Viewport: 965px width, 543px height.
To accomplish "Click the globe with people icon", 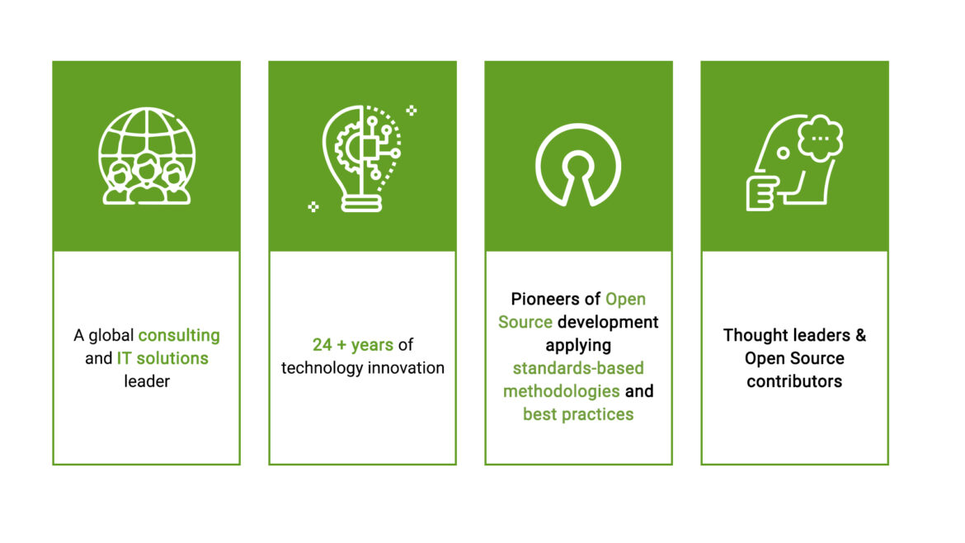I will (x=147, y=156).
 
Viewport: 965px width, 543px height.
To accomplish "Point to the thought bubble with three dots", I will (x=821, y=137).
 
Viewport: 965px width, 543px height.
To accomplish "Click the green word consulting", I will (x=179, y=336).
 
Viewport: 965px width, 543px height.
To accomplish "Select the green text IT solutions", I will (x=162, y=359).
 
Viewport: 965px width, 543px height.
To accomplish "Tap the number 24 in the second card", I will (x=322, y=345).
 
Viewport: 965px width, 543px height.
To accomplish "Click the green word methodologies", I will (x=562, y=391).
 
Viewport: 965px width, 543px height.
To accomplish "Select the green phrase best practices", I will (x=578, y=414).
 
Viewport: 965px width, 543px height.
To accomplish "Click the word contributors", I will (x=794, y=381).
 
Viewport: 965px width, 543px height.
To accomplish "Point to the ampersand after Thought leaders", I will (x=860, y=336).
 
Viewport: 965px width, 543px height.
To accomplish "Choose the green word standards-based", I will (x=578, y=368).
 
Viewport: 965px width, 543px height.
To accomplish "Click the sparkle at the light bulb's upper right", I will (x=412, y=110).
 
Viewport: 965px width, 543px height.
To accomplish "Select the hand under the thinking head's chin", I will (x=761, y=193).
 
